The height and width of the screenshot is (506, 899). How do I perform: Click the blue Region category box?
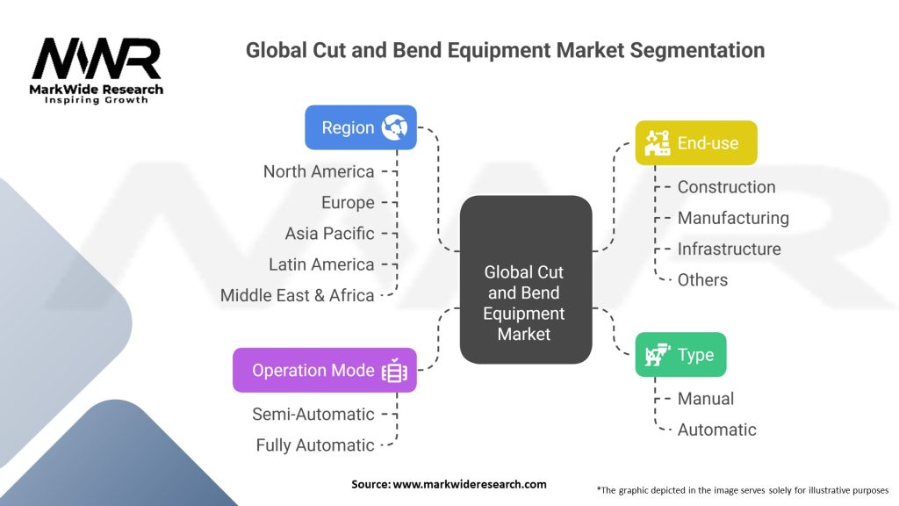pos(360,127)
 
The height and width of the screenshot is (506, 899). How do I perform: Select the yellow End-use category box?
pos(695,142)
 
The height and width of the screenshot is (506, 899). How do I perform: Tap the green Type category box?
pos(680,355)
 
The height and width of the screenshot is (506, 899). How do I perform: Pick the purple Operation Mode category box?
pos(324,370)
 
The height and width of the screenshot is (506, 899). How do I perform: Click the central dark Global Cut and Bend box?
pos(525,279)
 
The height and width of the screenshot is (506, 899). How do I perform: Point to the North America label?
pos(319,171)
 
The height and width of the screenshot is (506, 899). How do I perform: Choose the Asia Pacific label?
pos(329,233)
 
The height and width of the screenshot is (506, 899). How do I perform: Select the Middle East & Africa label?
pos(297,295)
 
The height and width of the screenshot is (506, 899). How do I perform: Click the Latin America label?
pos(321,264)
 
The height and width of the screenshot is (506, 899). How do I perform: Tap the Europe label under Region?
pos(348,202)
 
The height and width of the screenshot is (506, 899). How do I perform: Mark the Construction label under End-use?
pos(726,186)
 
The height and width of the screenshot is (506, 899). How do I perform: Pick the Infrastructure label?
pos(729,249)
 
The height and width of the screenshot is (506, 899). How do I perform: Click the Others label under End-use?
pos(702,279)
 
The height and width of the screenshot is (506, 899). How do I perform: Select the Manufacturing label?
pos(733,217)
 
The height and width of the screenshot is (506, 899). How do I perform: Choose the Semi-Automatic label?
pos(313,414)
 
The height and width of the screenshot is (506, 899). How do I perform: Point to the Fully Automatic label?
pos(315,445)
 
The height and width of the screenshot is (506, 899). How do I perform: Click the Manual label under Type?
pos(705,399)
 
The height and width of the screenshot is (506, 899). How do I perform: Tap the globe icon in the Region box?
pos(394,127)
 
